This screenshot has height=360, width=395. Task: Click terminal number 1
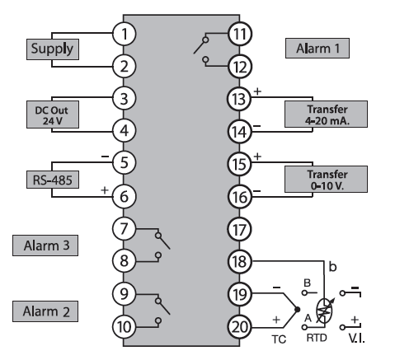124,34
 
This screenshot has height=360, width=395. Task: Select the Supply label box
53,49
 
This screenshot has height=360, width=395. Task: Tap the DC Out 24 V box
53,115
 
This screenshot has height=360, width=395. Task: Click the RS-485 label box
53,180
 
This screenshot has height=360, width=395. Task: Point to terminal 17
239,229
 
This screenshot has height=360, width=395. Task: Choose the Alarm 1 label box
317,49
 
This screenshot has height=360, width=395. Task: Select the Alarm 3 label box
45,245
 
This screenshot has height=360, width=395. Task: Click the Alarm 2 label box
45,311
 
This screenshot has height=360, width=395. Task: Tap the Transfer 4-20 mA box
326,115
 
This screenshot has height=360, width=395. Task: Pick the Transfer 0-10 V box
326,179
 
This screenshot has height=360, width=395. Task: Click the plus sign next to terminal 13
257,91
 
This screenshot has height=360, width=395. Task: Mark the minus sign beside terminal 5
105,157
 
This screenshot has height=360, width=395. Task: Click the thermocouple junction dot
297,310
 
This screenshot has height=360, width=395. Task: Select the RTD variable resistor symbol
324,311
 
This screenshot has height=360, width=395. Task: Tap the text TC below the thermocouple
279,339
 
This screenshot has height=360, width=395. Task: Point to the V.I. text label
356,339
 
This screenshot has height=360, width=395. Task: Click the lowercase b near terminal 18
332,267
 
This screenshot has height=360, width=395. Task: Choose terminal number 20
239,327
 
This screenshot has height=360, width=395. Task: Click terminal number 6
124,197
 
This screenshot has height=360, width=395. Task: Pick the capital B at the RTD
308,283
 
